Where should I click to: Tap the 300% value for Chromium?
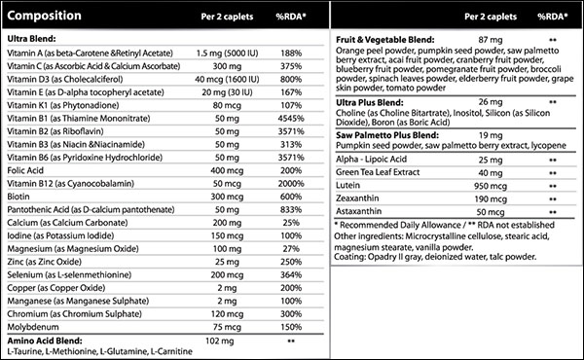point(290,314)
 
